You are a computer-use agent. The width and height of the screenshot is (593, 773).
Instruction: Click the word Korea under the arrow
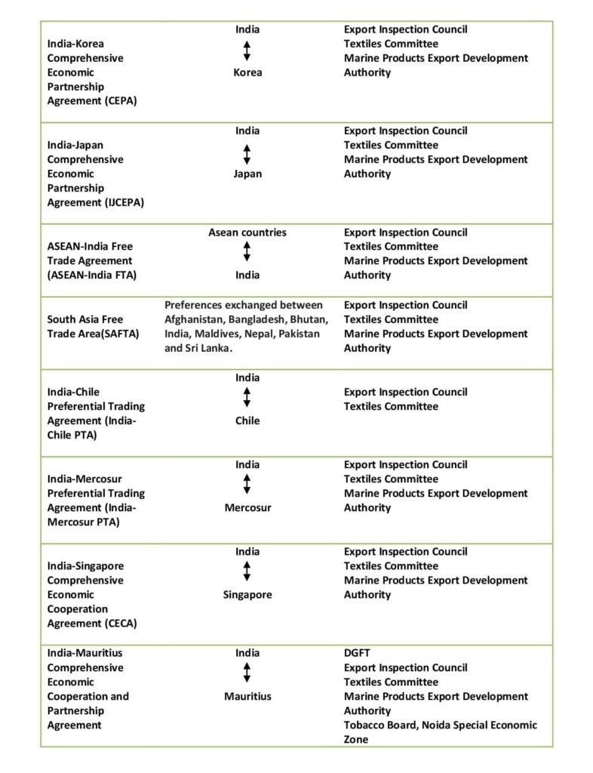(247, 72)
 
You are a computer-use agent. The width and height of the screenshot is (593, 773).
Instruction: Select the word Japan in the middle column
(247, 174)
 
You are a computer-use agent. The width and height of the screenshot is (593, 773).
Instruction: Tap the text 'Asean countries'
(247, 233)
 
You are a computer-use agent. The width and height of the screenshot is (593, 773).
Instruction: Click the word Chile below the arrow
(247, 420)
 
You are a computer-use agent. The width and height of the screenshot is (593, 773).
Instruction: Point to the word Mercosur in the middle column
(247, 507)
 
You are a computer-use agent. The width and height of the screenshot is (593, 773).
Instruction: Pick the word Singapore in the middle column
(247, 595)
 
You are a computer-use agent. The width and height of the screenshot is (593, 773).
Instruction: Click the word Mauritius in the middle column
(247, 696)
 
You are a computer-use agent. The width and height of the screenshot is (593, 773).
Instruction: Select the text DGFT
(357, 653)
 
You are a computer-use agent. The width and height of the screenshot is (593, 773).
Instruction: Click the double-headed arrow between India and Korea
(247, 51)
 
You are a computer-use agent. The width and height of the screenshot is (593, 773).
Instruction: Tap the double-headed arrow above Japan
(247, 152)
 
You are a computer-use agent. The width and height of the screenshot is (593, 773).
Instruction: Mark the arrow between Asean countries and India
(247, 254)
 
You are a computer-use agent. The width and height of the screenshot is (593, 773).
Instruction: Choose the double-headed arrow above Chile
(247, 399)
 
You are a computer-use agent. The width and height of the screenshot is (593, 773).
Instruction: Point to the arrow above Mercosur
(247, 485)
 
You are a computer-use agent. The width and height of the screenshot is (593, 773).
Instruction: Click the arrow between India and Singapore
(247, 573)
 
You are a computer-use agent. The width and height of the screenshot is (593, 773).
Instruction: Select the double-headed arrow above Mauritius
(247, 674)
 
